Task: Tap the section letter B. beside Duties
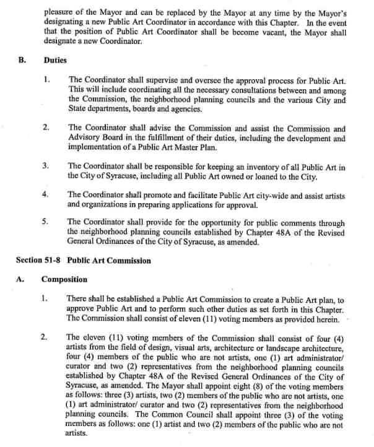(23, 61)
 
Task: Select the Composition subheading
(64, 279)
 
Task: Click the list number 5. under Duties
(46, 222)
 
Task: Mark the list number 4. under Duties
(46, 194)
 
